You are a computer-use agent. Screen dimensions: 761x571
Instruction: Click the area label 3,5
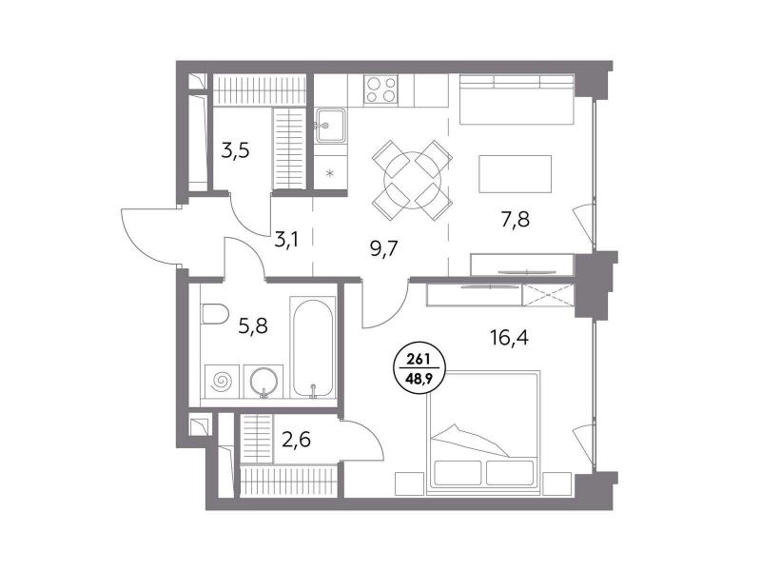pyautogui.click(x=235, y=151)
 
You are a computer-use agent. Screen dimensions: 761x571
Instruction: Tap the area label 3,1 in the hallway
pyautogui.click(x=287, y=240)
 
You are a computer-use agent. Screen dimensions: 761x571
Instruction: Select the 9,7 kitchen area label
pyautogui.click(x=383, y=249)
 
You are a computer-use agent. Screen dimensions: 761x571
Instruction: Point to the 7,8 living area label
pyautogui.click(x=515, y=220)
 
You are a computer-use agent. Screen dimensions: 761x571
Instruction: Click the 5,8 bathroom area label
pyautogui.click(x=253, y=326)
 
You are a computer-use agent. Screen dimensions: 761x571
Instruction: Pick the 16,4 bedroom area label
pyautogui.click(x=509, y=338)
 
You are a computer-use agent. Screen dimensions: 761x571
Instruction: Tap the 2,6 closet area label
pyautogui.click(x=296, y=440)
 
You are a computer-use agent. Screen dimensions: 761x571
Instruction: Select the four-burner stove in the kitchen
pyautogui.click(x=381, y=89)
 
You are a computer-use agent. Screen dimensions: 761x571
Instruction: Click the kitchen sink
pyautogui.click(x=330, y=126)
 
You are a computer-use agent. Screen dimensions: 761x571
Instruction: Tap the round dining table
pyautogui.click(x=413, y=180)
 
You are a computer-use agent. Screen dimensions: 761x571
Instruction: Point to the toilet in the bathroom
pyautogui.click(x=214, y=314)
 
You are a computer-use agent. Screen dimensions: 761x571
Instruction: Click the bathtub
pyautogui.click(x=313, y=348)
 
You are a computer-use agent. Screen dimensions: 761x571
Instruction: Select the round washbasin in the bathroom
pyautogui.click(x=264, y=381)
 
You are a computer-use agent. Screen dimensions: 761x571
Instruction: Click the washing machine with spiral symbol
pyautogui.click(x=223, y=382)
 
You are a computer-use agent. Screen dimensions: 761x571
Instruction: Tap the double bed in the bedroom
pyautogui.click(x=484, y=432)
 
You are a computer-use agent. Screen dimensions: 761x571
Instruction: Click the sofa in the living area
pyautogui.click(x=517, y=99)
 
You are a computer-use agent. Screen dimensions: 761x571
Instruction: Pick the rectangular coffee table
pyautogui.click(x=515, y=174)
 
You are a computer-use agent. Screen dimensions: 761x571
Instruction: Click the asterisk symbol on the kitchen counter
pyautogui.click(x=330, y=173)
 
